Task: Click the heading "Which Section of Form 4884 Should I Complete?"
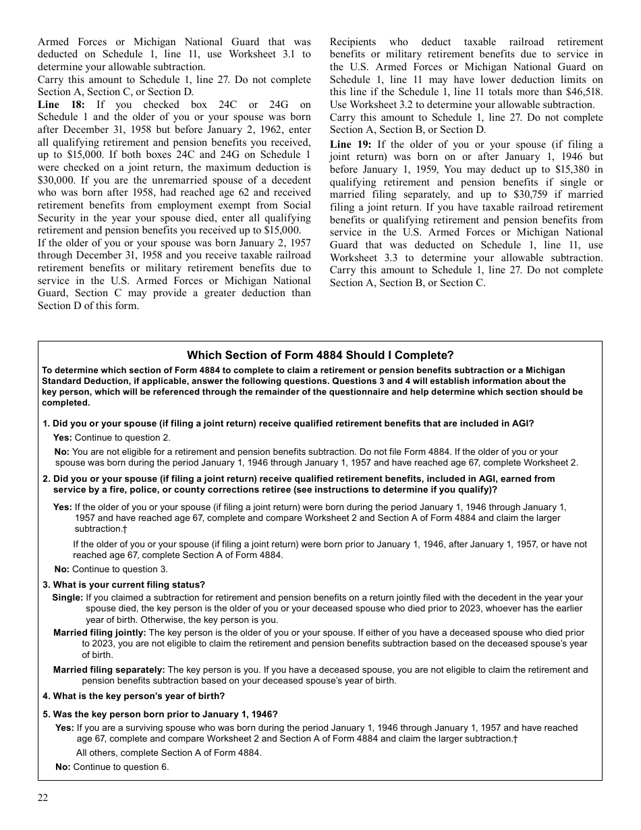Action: tap(320, 355)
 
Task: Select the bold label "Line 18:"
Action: tap(61, 105)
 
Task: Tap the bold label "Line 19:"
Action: tap(350, 144)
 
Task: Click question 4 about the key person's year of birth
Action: tap(134, 696)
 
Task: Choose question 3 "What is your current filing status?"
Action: tap(123, 584)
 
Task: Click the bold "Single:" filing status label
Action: tap(67, 598)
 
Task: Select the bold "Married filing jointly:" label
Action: tap(99, 633)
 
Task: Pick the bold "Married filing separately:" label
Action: tap(109, 669)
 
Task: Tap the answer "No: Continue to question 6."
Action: tap(112, 767)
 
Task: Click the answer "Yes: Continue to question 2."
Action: tap(112, 437)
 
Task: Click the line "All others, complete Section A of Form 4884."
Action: tap(168, 752)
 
